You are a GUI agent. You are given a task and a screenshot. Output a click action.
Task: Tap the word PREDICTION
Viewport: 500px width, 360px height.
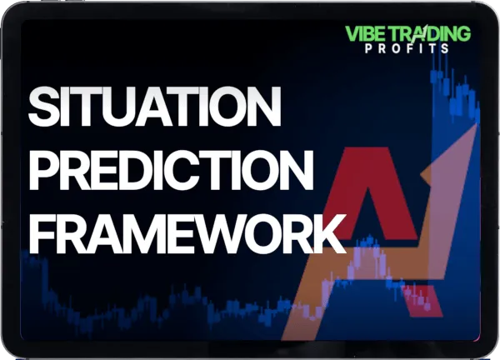171,169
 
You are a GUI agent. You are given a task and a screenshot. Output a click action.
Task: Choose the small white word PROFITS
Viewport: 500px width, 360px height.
407,48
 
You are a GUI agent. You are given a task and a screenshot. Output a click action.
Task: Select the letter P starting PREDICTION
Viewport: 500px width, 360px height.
42,169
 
